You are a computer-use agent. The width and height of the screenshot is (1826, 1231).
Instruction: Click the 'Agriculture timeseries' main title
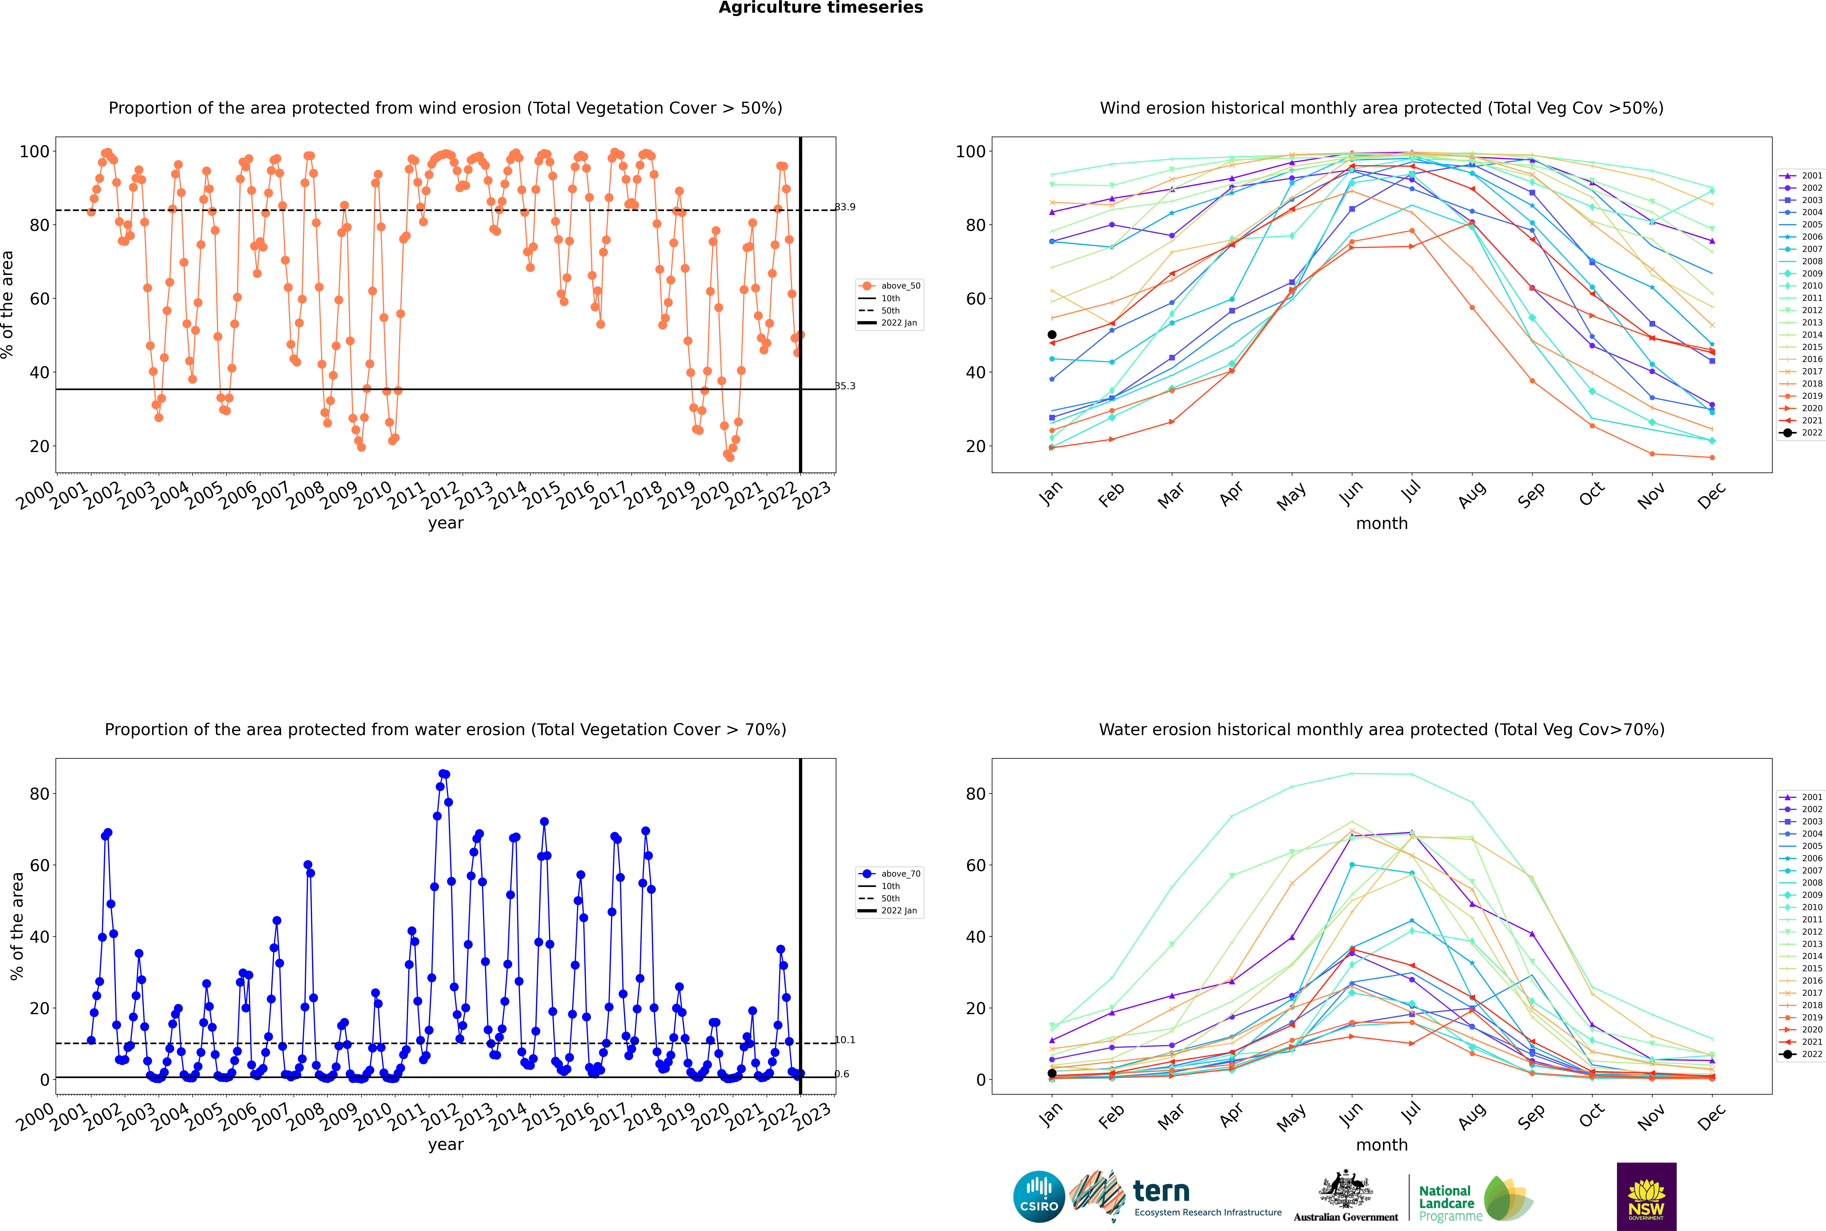[x=820, y=8]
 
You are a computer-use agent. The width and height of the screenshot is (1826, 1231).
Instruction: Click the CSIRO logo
[x=1039, y=1197]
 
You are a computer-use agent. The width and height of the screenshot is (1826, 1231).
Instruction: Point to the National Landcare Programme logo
[x=1474, y=1199]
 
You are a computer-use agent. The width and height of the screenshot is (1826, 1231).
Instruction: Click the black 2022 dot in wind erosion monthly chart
[x=1052, y=334]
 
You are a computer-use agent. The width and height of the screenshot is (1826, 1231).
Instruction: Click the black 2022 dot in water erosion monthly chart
[x=1052, y=1073]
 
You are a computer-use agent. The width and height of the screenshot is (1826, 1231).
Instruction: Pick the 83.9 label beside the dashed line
[x=845, y=207]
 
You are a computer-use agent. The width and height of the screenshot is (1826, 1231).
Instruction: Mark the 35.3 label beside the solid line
[x=845, y=386]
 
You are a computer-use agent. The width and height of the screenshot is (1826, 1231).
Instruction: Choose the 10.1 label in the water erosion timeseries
[x=845, y=1040]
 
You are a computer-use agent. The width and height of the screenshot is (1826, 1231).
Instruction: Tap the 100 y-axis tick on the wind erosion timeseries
[x=34, y=152]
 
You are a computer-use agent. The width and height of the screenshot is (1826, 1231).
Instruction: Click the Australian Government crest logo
[x=1346, y=1197]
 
